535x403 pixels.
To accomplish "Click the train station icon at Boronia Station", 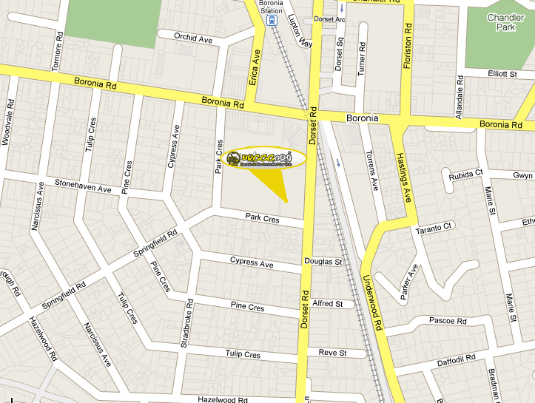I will tap(272, 21).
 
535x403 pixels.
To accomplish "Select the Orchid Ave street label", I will tap(193, 37).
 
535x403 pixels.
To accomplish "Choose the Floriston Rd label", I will tap(407, 46).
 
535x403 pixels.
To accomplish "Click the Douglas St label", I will tap(323, 262).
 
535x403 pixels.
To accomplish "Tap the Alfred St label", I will tap(328, 304).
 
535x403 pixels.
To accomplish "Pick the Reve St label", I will tap(332, 353).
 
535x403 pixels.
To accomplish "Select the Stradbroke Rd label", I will tap(189, 320).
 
